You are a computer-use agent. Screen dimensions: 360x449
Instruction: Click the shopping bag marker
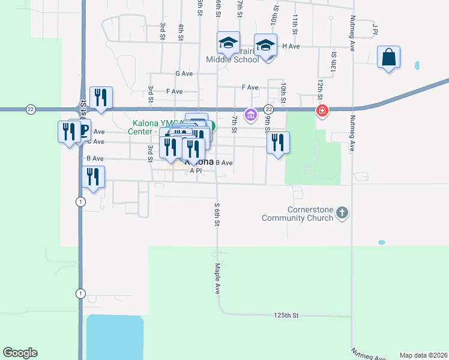389,58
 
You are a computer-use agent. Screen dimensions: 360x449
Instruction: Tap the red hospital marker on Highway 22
322,111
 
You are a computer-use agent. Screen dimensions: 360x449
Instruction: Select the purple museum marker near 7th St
251,114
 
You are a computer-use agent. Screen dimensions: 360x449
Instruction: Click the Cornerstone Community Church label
298,214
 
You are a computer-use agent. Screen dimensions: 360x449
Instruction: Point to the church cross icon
342,212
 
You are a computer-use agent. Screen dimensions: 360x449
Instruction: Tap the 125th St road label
286,315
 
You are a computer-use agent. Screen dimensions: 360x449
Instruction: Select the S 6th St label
217,214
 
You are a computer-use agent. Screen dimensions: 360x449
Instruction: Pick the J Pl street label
375,29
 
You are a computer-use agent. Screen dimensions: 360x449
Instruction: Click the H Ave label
291,46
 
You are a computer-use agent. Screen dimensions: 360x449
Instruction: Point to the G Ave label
184,73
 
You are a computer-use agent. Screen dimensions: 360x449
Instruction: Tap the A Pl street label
196,171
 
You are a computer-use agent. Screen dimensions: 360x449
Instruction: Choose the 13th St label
333,60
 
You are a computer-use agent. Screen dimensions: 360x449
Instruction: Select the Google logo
20,353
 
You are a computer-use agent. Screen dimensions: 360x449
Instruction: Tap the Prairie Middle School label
233,59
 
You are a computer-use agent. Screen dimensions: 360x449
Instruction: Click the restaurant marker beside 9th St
277,143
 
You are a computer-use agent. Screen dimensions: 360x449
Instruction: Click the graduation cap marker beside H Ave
265,45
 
